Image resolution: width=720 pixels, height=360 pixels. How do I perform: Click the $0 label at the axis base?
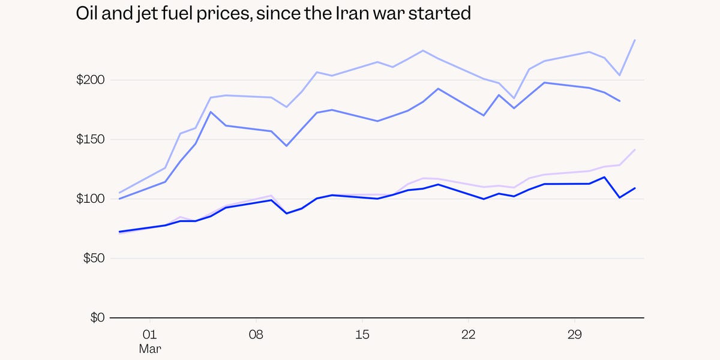coord(97,317)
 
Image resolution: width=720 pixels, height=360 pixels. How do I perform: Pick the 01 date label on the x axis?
coord(150,334)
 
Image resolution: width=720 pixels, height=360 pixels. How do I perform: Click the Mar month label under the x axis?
coord(150,348)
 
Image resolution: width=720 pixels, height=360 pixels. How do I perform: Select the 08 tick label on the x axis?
coord(256,334)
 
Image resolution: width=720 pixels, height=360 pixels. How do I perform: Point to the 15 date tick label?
coord(362,334)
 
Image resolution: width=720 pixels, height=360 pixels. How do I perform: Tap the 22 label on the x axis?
coord(468,334)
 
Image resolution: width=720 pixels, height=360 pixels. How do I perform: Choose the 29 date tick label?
coord(574,334)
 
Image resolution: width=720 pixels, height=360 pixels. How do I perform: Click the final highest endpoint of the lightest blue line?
coord(635,40)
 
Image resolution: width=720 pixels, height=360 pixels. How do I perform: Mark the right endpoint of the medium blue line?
coord(619,101)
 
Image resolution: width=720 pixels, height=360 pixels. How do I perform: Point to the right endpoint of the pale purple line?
coord(635,150)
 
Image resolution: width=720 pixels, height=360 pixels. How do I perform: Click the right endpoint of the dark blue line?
coord(635,188)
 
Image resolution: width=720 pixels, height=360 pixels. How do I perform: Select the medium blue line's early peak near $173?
coord(211,112)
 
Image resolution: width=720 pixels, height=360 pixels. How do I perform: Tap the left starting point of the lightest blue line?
coord(119,193)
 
